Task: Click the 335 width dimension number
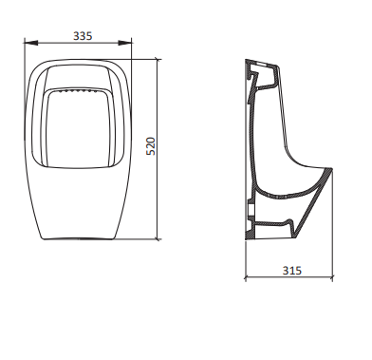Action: [x=83, y=36]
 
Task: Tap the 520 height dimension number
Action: [x=151, y=146]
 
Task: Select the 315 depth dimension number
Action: [x=292, y=271]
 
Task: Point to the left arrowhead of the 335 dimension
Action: [x=31, y=43]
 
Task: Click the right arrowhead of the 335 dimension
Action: [x=125, y=43]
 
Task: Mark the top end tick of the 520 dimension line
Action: [x=158, y=59]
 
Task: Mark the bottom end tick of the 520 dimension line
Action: [x=158, y=239]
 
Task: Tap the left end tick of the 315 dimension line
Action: [x=246, y=278]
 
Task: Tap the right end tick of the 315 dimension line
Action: [x=332, y=278]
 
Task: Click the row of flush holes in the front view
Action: [x=77, y=91]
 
